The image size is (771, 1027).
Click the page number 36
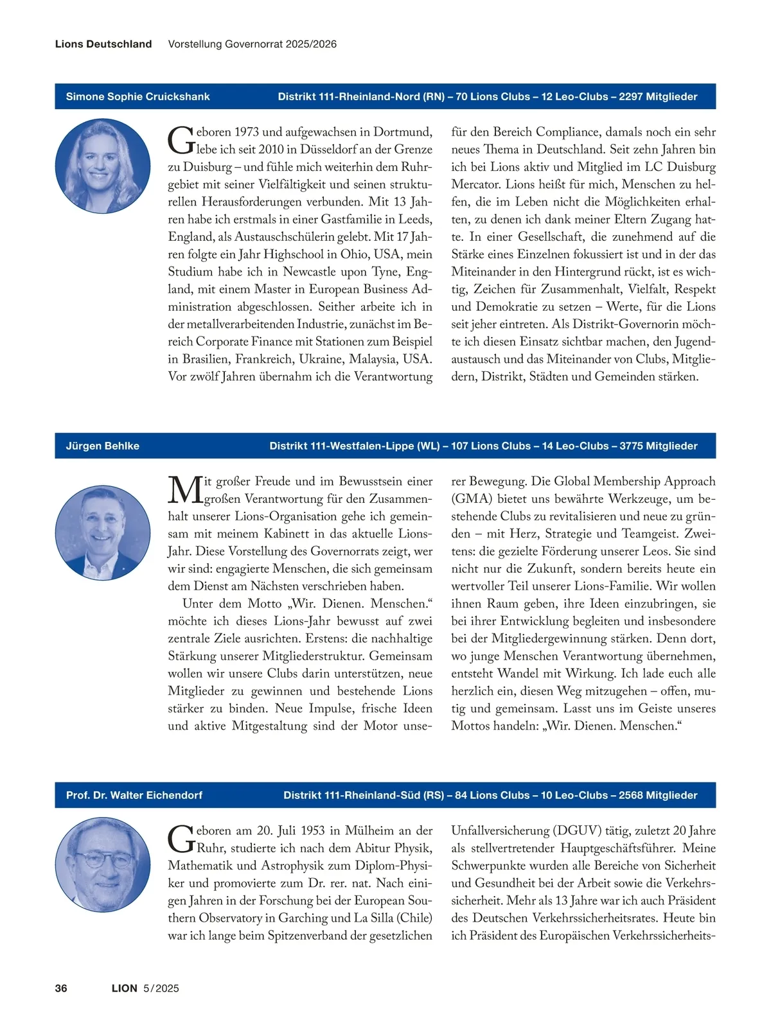[x=61, y=988]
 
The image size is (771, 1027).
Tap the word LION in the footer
[x=125, y=988]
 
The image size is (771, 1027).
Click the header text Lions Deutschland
[x=103, y=44]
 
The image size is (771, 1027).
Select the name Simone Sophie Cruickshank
[x=137, y=96]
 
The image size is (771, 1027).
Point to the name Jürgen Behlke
[x=102, y=446]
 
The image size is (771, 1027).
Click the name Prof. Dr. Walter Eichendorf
[x=134, y=795]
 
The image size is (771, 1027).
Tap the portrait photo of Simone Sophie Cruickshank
[x=103, y=166]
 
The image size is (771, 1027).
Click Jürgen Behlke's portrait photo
[x=103, y=532]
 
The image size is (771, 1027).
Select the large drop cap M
[x=185, y=490]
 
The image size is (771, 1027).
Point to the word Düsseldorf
[x=319, y=150]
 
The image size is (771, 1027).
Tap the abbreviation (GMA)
[x=472, y=499]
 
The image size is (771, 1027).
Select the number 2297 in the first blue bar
[x=631, y=96]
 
